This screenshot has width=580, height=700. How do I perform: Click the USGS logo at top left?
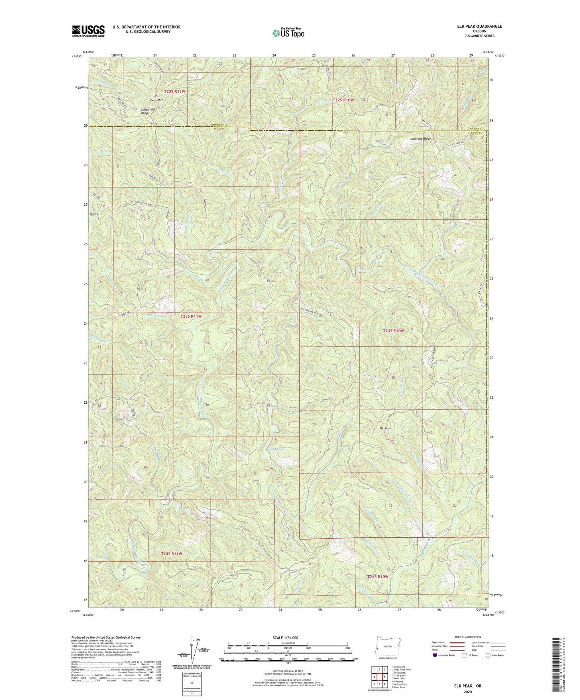(88, 31)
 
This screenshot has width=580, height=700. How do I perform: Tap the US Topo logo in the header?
(288, 32)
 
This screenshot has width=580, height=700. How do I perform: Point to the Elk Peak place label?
(385, 428)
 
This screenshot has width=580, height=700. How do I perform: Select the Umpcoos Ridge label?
(420, 139)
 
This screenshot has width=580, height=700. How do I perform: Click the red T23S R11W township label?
(190, 316)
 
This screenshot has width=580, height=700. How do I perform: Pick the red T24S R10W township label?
(378, 577)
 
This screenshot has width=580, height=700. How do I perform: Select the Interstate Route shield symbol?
(435, 655)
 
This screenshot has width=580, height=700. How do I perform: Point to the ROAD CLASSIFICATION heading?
(465, 637)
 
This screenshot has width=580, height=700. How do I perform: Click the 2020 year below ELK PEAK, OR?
(467, 692)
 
